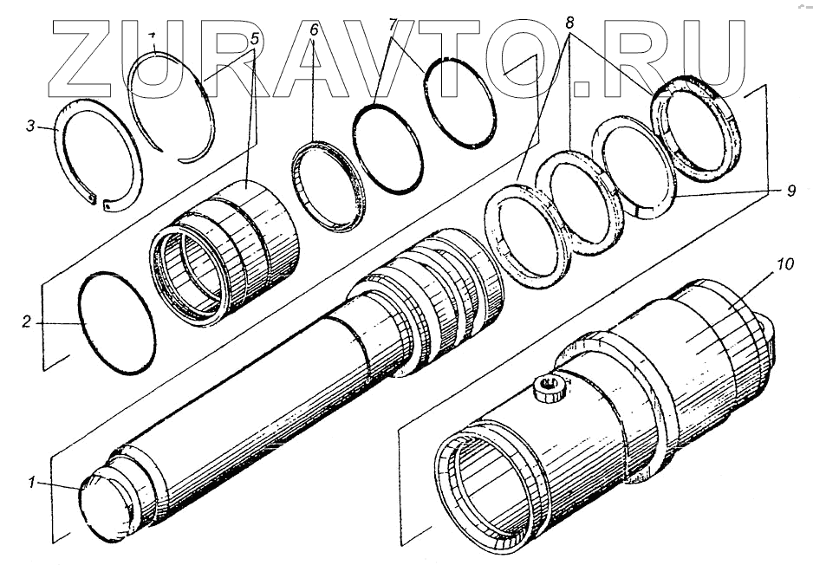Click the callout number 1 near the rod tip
(31, 483)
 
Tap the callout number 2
(27, 321)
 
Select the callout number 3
(31, 126)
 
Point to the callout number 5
(255, 38)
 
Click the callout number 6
(313, 29)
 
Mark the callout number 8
(569, 23)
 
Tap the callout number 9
(790, 192)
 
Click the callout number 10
(785, 263)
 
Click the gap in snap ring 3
(100, 201)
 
